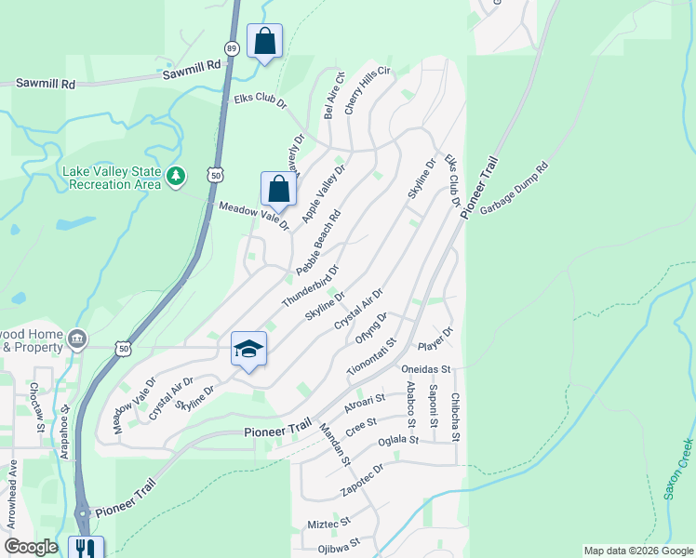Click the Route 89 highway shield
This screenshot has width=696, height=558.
coord(231,48)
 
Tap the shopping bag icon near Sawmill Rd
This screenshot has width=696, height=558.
coord(265,42)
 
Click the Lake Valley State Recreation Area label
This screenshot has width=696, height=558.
coord(112,177)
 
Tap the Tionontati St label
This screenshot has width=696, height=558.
coord(371,356)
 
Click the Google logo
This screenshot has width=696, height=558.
coord(31,547)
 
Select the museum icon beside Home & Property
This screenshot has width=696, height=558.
coord(77,336)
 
